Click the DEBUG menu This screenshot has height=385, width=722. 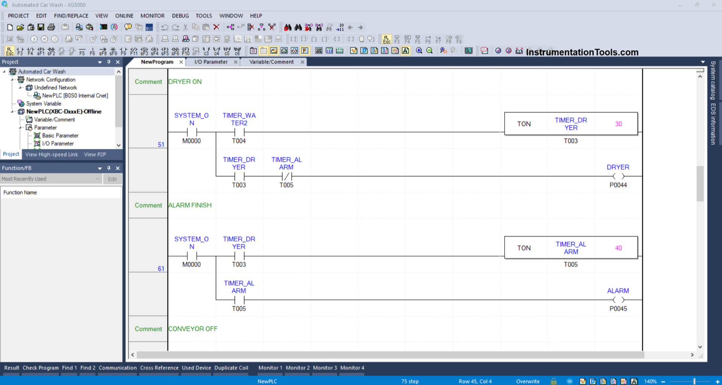tap(180, 16)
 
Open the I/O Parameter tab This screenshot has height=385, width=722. tap(211, 62)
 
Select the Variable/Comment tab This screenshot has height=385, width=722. tap(271, 62)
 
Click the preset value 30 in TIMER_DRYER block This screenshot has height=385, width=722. tap(618, 124)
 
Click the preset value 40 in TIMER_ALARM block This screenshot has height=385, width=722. tap(618, 248)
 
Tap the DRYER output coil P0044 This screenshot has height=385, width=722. tap(618, 176)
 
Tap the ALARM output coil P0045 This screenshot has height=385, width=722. tap(618, 300)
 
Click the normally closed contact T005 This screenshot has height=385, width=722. tap(287, 176)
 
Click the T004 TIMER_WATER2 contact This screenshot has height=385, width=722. tap(239, 132)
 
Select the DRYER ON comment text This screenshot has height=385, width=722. tap(185, 82)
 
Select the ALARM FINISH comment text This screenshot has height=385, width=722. tap(190, 205)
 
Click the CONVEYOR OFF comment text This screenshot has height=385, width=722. tap(193, 329)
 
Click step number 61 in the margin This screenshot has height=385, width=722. tap(161, 269)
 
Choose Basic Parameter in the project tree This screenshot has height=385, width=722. tap(60, 136)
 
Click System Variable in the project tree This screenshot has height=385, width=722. tap(44, 104)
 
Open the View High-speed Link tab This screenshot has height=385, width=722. tap(52, 155)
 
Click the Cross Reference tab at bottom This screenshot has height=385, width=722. tap(159, 368)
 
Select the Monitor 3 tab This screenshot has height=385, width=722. tap(325, 368)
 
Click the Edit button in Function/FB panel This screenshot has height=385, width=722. tap(112, 179)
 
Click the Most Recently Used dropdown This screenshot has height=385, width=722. tap(51, 179)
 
